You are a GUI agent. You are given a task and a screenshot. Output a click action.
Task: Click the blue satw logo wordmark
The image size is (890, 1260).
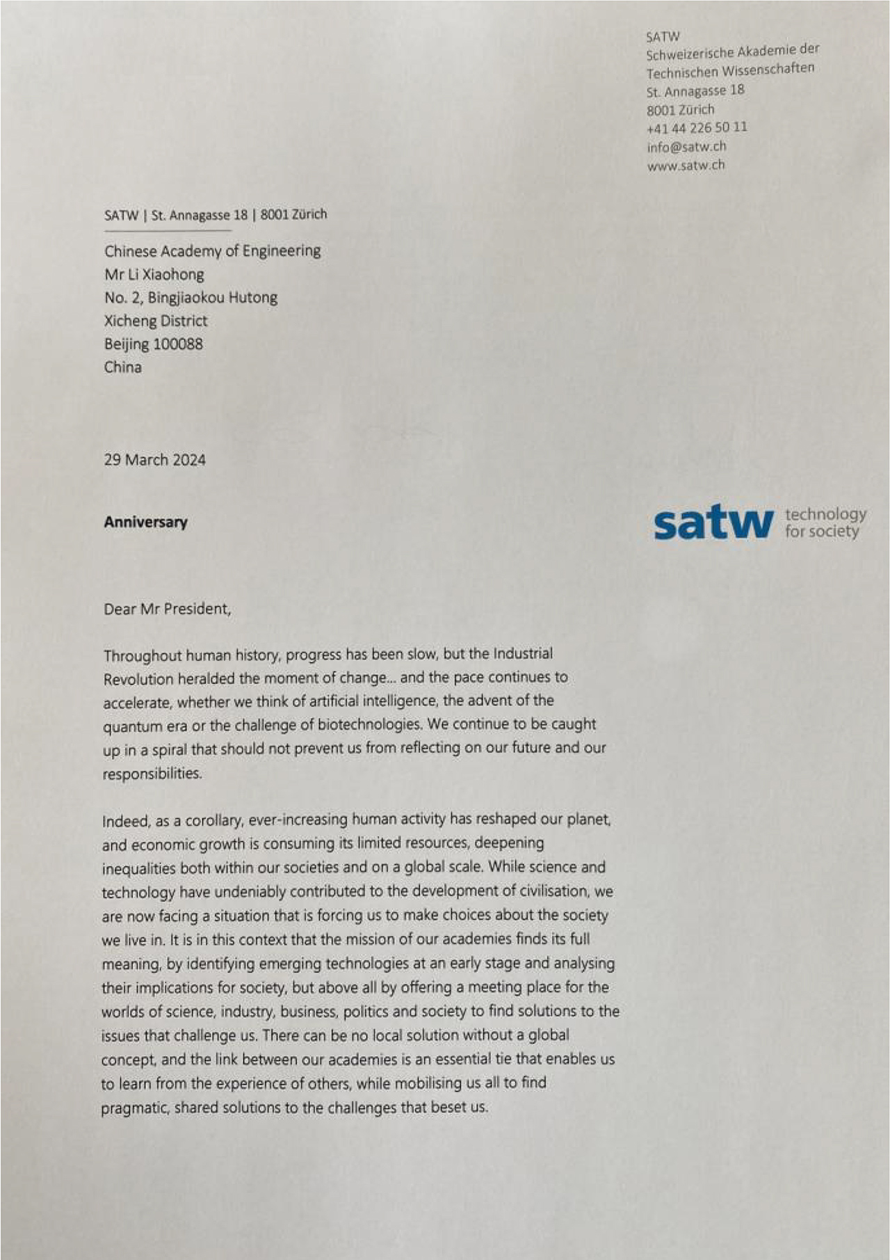pyautogui.click(x=713, y=523)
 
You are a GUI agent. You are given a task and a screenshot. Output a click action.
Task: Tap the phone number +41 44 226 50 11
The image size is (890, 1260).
pyautogui.click(x=697, y=128)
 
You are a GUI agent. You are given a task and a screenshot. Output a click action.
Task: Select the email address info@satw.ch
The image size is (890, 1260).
pyautogui.click(x=686, y=147)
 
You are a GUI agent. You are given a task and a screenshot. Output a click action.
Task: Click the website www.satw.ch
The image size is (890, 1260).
pyautogui.click(x=686, y=166)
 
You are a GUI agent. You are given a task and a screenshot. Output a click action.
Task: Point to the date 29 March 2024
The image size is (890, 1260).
pyautogui.click(x=154, y=460)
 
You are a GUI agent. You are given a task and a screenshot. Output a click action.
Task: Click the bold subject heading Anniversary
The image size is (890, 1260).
pyautogui.click(x=145, y=523)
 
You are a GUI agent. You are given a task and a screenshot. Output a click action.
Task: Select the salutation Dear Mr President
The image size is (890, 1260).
pyautogui.click(x=167, y=609)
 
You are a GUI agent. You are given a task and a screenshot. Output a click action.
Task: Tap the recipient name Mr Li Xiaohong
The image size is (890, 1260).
pyautogui.click(x=154, y=274)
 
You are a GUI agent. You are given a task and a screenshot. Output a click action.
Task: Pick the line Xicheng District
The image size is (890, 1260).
pyautogui.click(x=156, y=321)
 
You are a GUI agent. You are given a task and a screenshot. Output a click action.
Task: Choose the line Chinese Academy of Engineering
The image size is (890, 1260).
pyautogui.click(x=212, y=250)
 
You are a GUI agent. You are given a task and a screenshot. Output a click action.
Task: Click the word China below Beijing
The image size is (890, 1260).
pyautogui.click(x=123, y=367)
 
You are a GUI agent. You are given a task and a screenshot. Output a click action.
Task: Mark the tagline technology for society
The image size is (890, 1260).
pyautogui.click(x=825, y=523)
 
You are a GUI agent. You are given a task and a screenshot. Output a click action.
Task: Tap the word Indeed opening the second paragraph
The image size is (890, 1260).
pyautogui.click(x=125, y=821)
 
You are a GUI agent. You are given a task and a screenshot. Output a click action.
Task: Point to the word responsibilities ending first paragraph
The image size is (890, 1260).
pyautogui.click(x=152, y=774)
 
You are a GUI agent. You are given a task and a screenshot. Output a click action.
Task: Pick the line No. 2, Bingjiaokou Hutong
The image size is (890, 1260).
pyautogui.click(x=191, y=298)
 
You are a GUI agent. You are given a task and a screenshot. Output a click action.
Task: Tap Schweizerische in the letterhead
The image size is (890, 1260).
pyautogui.click(x=690, y=54)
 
